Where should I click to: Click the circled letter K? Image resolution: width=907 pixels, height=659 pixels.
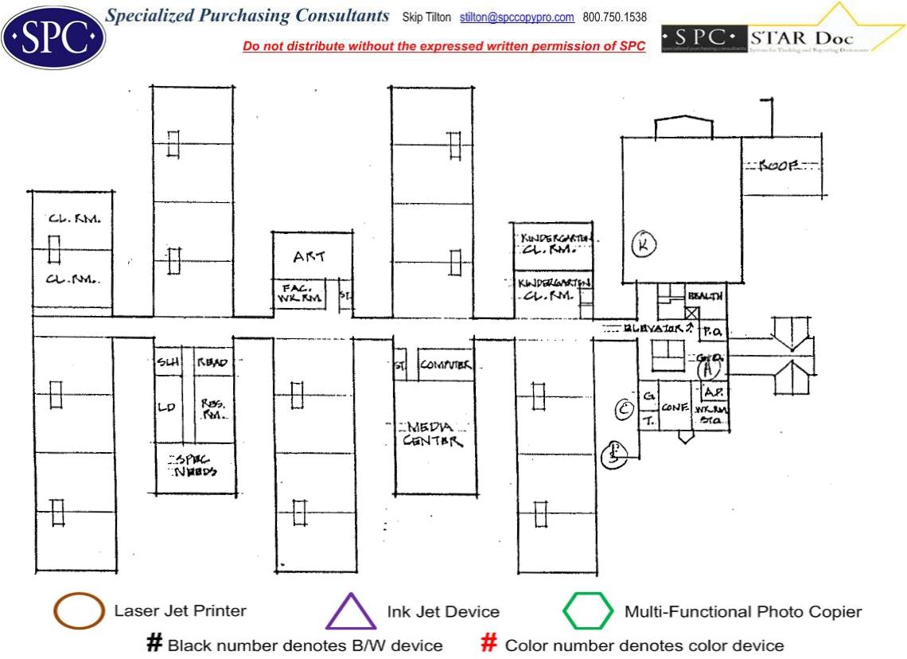coord(643,246)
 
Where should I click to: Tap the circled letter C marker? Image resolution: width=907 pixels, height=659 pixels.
coord(625,409)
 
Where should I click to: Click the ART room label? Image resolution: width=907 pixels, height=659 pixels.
coord(309,257)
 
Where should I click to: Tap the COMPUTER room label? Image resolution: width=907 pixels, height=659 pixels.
coord(446,365)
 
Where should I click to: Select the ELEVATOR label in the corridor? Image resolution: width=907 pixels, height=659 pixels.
coord(657,327)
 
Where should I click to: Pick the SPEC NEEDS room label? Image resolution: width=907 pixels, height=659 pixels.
coord(194,465)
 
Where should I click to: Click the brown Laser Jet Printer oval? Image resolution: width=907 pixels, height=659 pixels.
coord(79,612)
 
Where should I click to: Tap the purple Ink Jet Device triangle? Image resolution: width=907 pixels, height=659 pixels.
coord(350,613)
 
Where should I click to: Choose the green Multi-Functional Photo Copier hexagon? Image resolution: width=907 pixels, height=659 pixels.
coord(588,612)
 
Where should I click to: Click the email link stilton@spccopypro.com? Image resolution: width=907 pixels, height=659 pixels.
coord(517,18)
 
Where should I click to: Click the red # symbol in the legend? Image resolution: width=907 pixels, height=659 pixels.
coord(489,644)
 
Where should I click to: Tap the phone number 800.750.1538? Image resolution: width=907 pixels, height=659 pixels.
coord(615,18)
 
